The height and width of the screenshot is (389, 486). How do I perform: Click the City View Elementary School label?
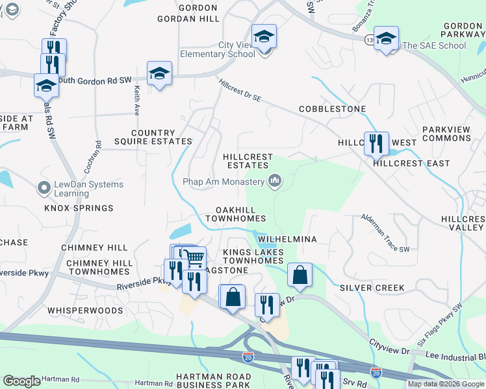218,49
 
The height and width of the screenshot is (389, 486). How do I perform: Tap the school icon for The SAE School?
386,39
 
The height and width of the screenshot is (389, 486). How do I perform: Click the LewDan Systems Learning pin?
44,189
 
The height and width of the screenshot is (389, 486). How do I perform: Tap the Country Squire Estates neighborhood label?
162,137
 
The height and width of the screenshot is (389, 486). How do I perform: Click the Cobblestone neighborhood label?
332,109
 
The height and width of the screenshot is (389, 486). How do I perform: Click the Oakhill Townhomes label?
235,215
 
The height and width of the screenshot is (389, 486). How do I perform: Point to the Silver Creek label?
372,287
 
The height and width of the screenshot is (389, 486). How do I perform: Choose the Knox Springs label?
79,208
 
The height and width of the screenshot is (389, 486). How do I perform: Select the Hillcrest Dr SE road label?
240,90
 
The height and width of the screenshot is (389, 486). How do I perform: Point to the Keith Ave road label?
137,101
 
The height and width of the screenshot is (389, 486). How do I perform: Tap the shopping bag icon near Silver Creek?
299,275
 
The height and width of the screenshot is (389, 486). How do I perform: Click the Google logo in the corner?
21,381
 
